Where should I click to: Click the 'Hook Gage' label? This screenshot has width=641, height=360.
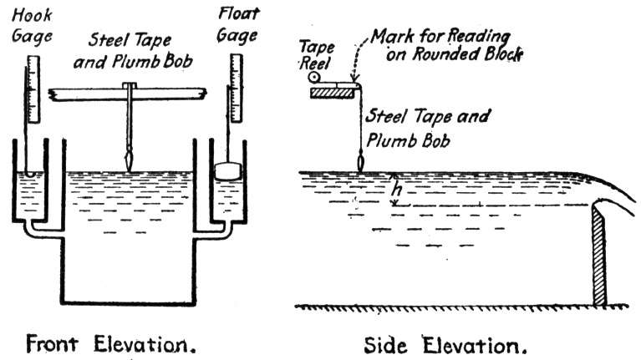pos(32,26)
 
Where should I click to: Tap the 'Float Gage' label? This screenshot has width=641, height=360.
pos(238,24)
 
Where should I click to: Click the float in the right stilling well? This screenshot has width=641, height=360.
pos(228,170)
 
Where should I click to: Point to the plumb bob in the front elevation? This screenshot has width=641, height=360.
pos(130,161)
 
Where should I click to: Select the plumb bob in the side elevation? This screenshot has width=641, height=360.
pos(360,162)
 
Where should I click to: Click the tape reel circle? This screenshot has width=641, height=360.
pos(314,77)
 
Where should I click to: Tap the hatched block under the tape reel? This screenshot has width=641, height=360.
pos(331,94)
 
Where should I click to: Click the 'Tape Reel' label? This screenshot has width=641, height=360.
pos(317,55)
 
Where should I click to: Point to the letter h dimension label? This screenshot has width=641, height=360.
pos(396,190)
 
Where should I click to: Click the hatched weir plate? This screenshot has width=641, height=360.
pos(598,256)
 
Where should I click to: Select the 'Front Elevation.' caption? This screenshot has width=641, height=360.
pos(110,344)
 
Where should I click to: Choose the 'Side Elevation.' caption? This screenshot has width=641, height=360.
pos(445,345)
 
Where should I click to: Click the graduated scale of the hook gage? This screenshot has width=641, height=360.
pos(33,89)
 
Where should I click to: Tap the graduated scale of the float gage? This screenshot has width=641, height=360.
pos(236,88)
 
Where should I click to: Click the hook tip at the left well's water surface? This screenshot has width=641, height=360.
pos(29,173)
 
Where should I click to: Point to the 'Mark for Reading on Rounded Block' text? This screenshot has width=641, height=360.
pos(446,45)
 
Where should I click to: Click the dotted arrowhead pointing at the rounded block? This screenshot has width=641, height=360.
pos(354,79)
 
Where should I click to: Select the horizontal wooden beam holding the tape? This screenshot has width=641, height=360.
pos(127,94)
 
